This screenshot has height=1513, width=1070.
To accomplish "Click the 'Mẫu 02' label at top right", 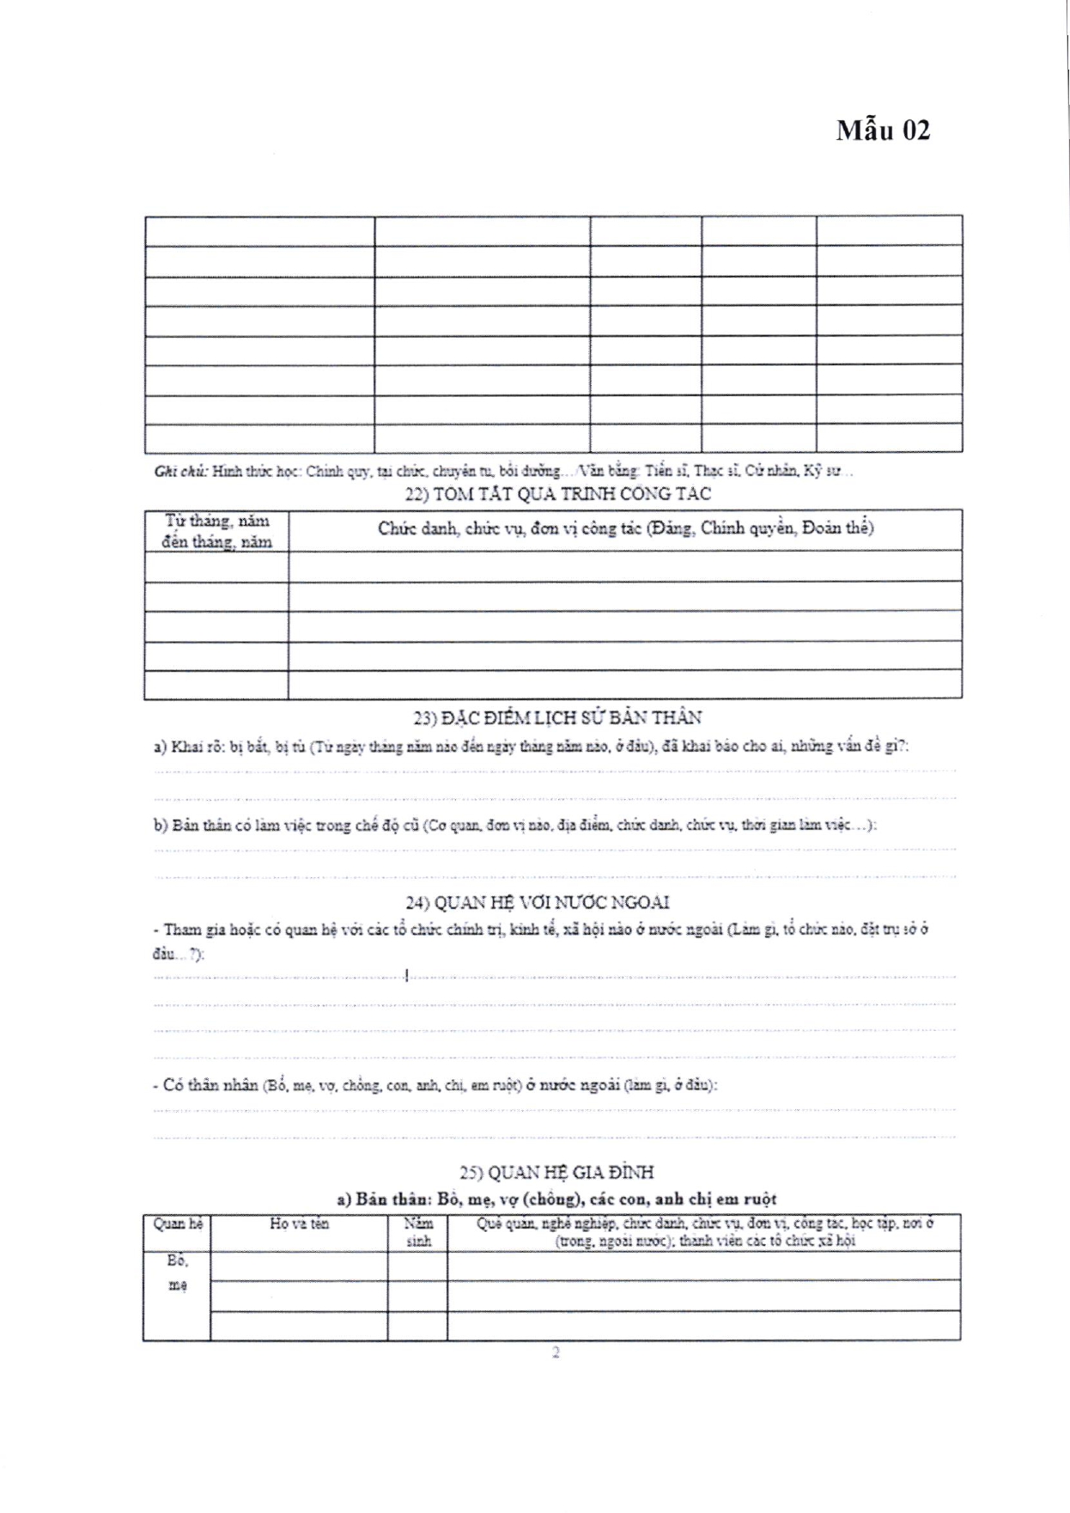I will click(x=883, y=130).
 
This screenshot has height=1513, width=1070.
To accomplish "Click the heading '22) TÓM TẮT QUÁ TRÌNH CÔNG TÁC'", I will click(x=557, y=494).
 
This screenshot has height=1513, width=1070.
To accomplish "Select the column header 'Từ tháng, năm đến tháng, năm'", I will click(x=216, y=531).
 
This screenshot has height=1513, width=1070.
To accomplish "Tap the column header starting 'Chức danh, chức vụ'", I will click(x=625, y=528).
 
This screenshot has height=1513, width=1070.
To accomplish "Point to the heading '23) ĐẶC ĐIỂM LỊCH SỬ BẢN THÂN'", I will click(x=557, y=717).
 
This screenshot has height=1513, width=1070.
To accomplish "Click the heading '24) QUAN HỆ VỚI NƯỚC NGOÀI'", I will click(x=538, y=902).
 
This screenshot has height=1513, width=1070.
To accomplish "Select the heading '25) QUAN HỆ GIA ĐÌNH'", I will click(x=556, y=1172).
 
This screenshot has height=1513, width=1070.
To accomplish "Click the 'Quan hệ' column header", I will click(x=178, y=1223).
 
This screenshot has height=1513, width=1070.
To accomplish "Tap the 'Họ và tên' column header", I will click(x=299, y=1223).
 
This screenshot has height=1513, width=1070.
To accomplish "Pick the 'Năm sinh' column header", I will click(x=418, y=1232).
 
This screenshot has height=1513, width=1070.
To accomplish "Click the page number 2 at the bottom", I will click(x=556, y=1352).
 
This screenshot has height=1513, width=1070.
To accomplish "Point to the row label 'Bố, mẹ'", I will click(x=177, y=1272).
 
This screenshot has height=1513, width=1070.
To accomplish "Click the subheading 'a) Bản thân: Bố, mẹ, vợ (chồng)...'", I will click(x=556, y=1199).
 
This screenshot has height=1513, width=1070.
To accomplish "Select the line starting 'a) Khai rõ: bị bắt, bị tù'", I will click(x=531, y=747).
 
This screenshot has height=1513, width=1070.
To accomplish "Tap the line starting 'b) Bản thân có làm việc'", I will click(x=515, y=825).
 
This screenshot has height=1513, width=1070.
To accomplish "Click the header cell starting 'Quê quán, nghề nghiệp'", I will click(x=704, y=1232).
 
